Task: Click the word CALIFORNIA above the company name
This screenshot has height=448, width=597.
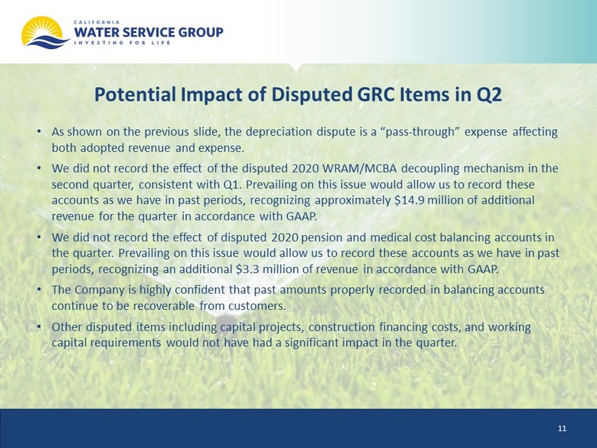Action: pyautogui.click(x=97, y=22)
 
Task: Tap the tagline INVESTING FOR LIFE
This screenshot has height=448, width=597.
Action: pyautogui.click(x=122, y=43)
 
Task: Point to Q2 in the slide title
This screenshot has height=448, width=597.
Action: pyautogui.click(x=490, y=95)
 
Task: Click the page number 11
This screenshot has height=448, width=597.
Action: pyautogui.click(x=562, y=428)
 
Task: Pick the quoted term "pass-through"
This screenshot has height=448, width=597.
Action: pyautogui.click(x=420, y=132)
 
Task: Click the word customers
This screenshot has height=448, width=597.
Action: pyautogui.click(x=257, y=306)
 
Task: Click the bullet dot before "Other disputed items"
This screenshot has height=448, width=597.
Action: pyautogui.click(x=39, y=327)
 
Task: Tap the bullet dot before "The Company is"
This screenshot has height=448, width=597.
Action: pyautogui.click(x=39, y=290)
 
